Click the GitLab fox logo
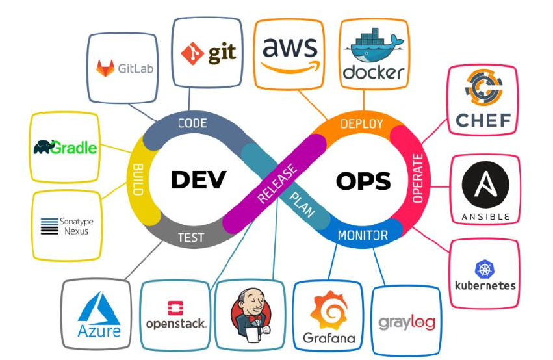105,68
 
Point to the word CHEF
483,120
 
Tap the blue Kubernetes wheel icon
485,269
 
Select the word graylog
407,322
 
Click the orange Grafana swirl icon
329,311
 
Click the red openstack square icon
176,307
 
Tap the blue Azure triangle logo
99,308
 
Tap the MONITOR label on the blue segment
363,236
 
